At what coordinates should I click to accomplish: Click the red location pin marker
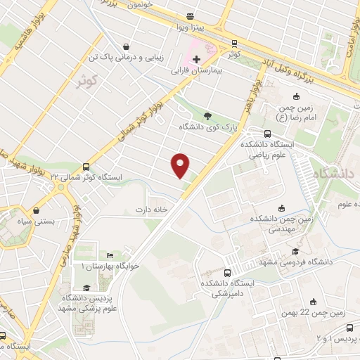pyautogui.click(x=181, y=165)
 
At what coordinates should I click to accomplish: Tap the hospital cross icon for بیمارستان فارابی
pyautogui.click(x=195, y=58)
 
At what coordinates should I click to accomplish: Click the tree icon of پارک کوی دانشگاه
pyautogui.click(x=206, y=115)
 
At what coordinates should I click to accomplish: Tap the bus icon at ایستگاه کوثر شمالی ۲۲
pyautogui.click(x=86, y=167)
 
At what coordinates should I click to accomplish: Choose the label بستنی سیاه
pyautogui.click(x=35, y=221)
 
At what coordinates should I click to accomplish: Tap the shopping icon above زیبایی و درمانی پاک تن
pyautogui.click(x=125, y=42)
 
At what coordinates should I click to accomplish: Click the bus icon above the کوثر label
pyautogui.click(x=234, y=42)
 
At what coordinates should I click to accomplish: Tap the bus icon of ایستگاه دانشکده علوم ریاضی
pyautogui.click(x=266, y=133)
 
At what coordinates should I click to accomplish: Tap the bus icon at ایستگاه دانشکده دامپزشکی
pyautogui.click(x=227, y=273)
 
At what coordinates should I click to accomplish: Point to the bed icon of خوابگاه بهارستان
pyautogui.click(x=110, y=255)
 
